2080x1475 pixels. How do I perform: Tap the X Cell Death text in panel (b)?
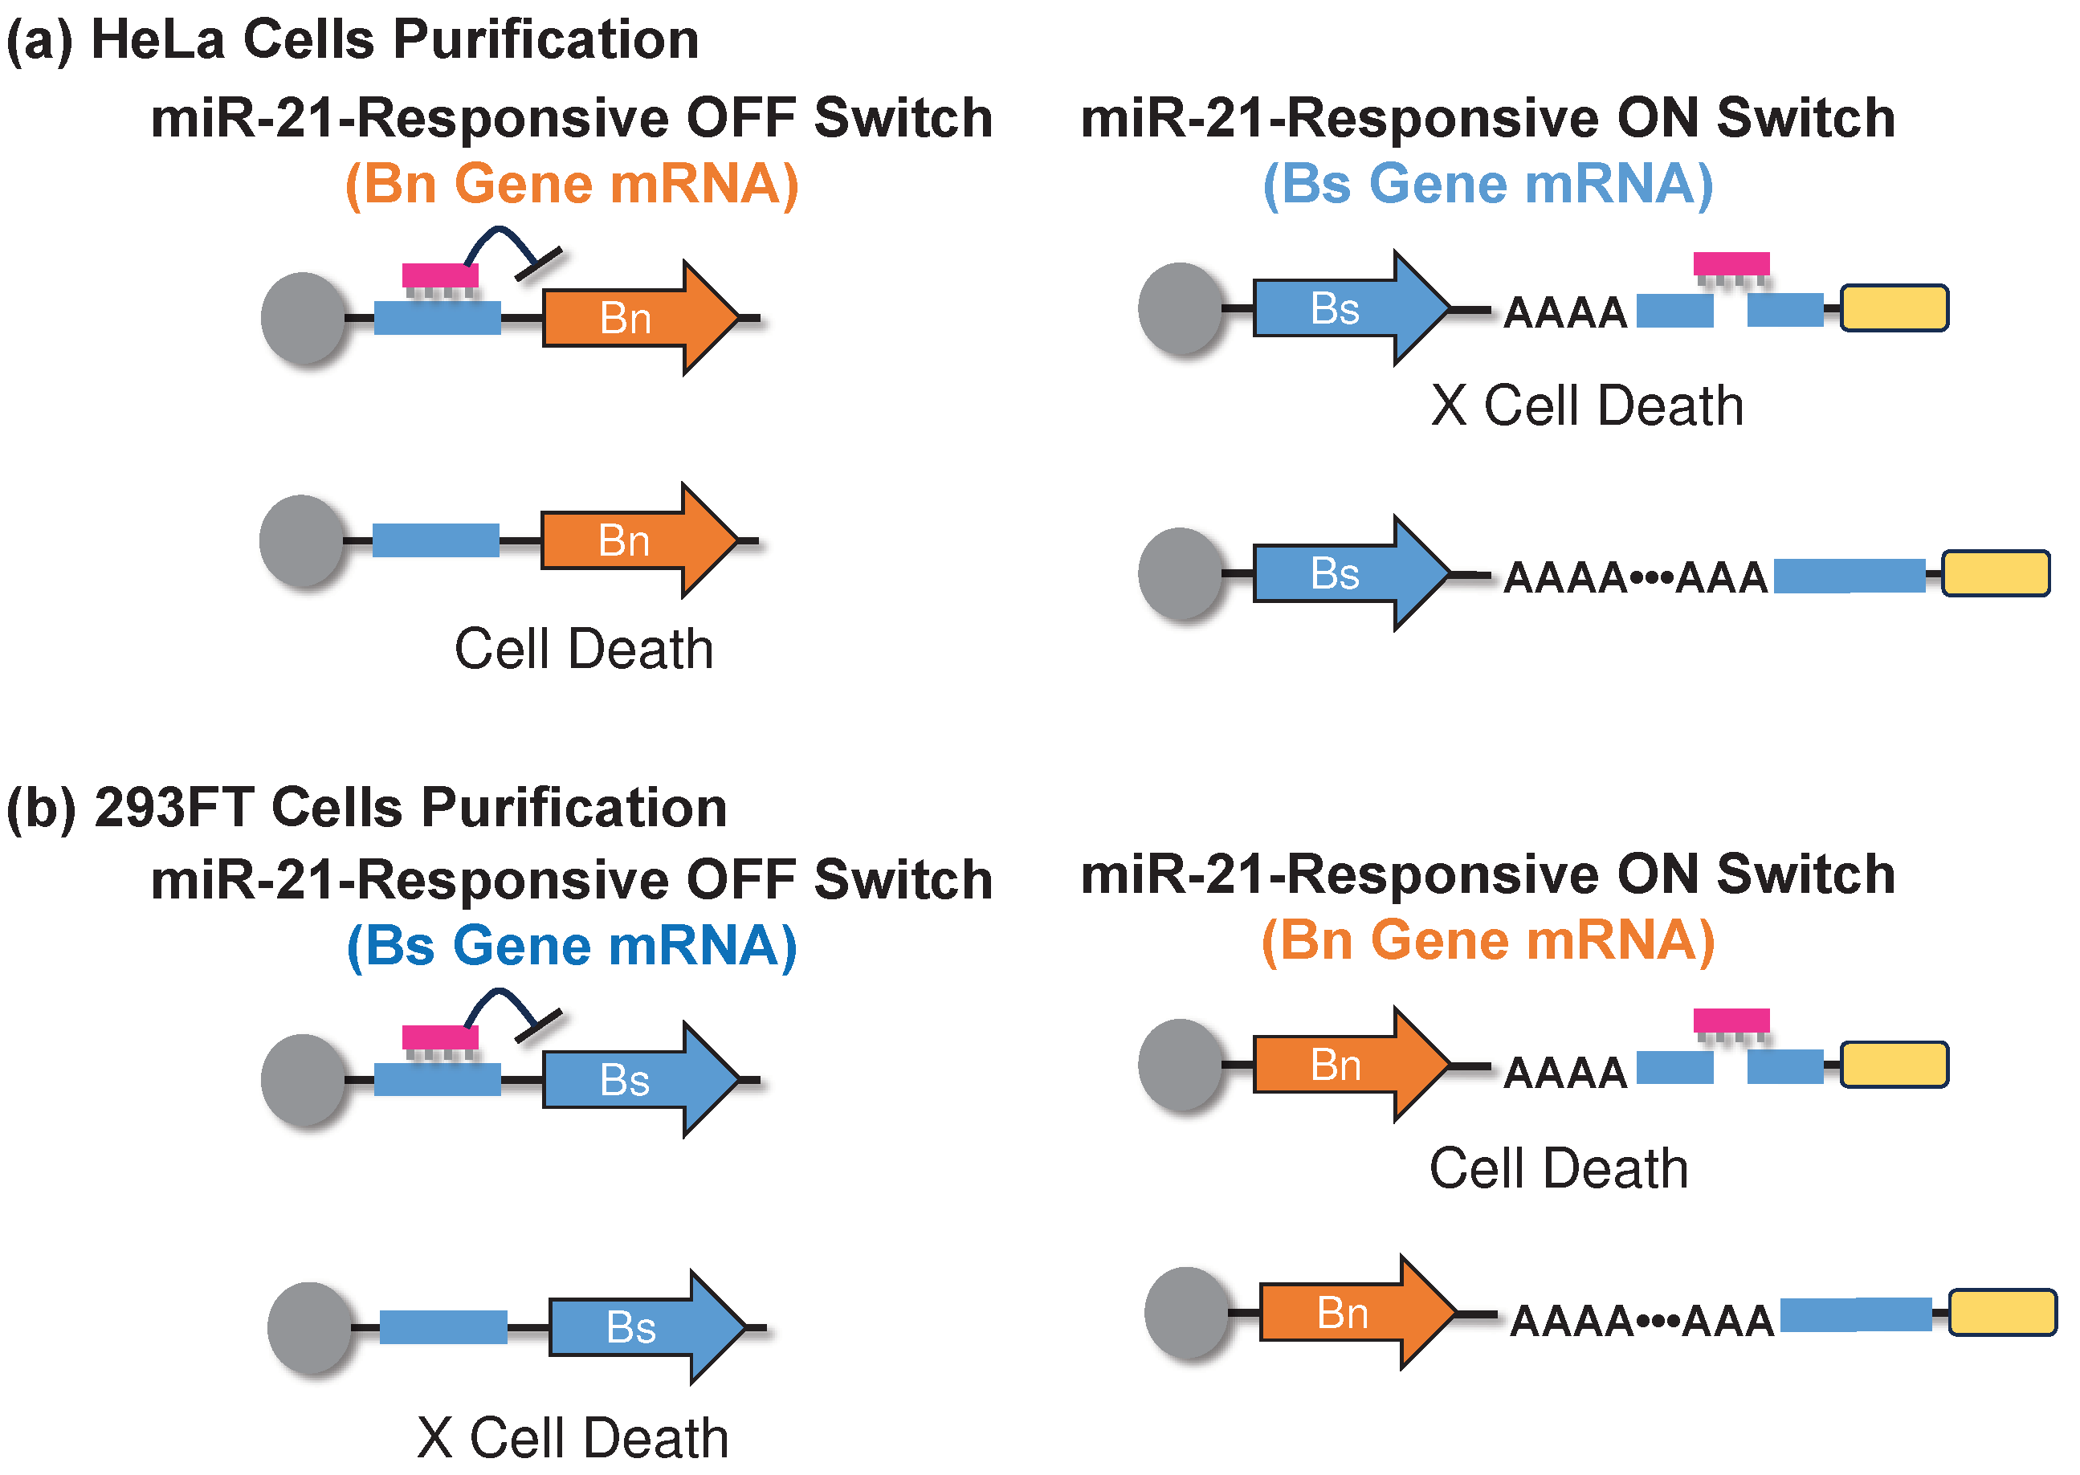click(x=573, y=1438)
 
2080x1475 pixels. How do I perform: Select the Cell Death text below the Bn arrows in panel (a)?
click(x=583, y=649)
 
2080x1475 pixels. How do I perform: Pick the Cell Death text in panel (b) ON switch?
click(x=1559, y=1168)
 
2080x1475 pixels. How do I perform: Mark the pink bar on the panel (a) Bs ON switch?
click(x=1731, y=263)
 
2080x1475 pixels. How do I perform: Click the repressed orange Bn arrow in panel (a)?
click(x=640, y=318)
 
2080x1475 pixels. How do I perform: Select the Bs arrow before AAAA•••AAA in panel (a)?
click(x=1352, y=573)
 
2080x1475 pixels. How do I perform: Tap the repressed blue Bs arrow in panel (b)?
click(x=640, y=1080)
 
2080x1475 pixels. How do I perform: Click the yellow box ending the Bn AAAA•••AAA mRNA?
click(x=2003, y=1313)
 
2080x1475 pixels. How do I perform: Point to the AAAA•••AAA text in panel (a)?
click(x=1636, y=577)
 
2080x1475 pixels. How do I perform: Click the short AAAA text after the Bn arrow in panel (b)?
click(x=1565, y=1073)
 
